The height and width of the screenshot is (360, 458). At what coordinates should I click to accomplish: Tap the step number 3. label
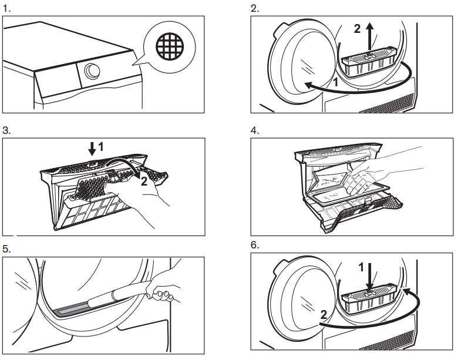coord(6,130)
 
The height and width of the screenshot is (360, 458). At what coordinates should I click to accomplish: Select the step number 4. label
coord(255,130)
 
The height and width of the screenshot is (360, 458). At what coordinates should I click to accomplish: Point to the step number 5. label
coord(6,248)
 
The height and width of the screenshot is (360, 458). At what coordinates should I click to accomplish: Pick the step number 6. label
coord(255,244)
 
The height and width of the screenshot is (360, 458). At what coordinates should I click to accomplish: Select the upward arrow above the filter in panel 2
coord(369,35)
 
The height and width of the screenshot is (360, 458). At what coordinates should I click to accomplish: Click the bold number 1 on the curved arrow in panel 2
coord(335,83)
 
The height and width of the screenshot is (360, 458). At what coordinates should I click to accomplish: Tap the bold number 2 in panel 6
coord(323,315)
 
